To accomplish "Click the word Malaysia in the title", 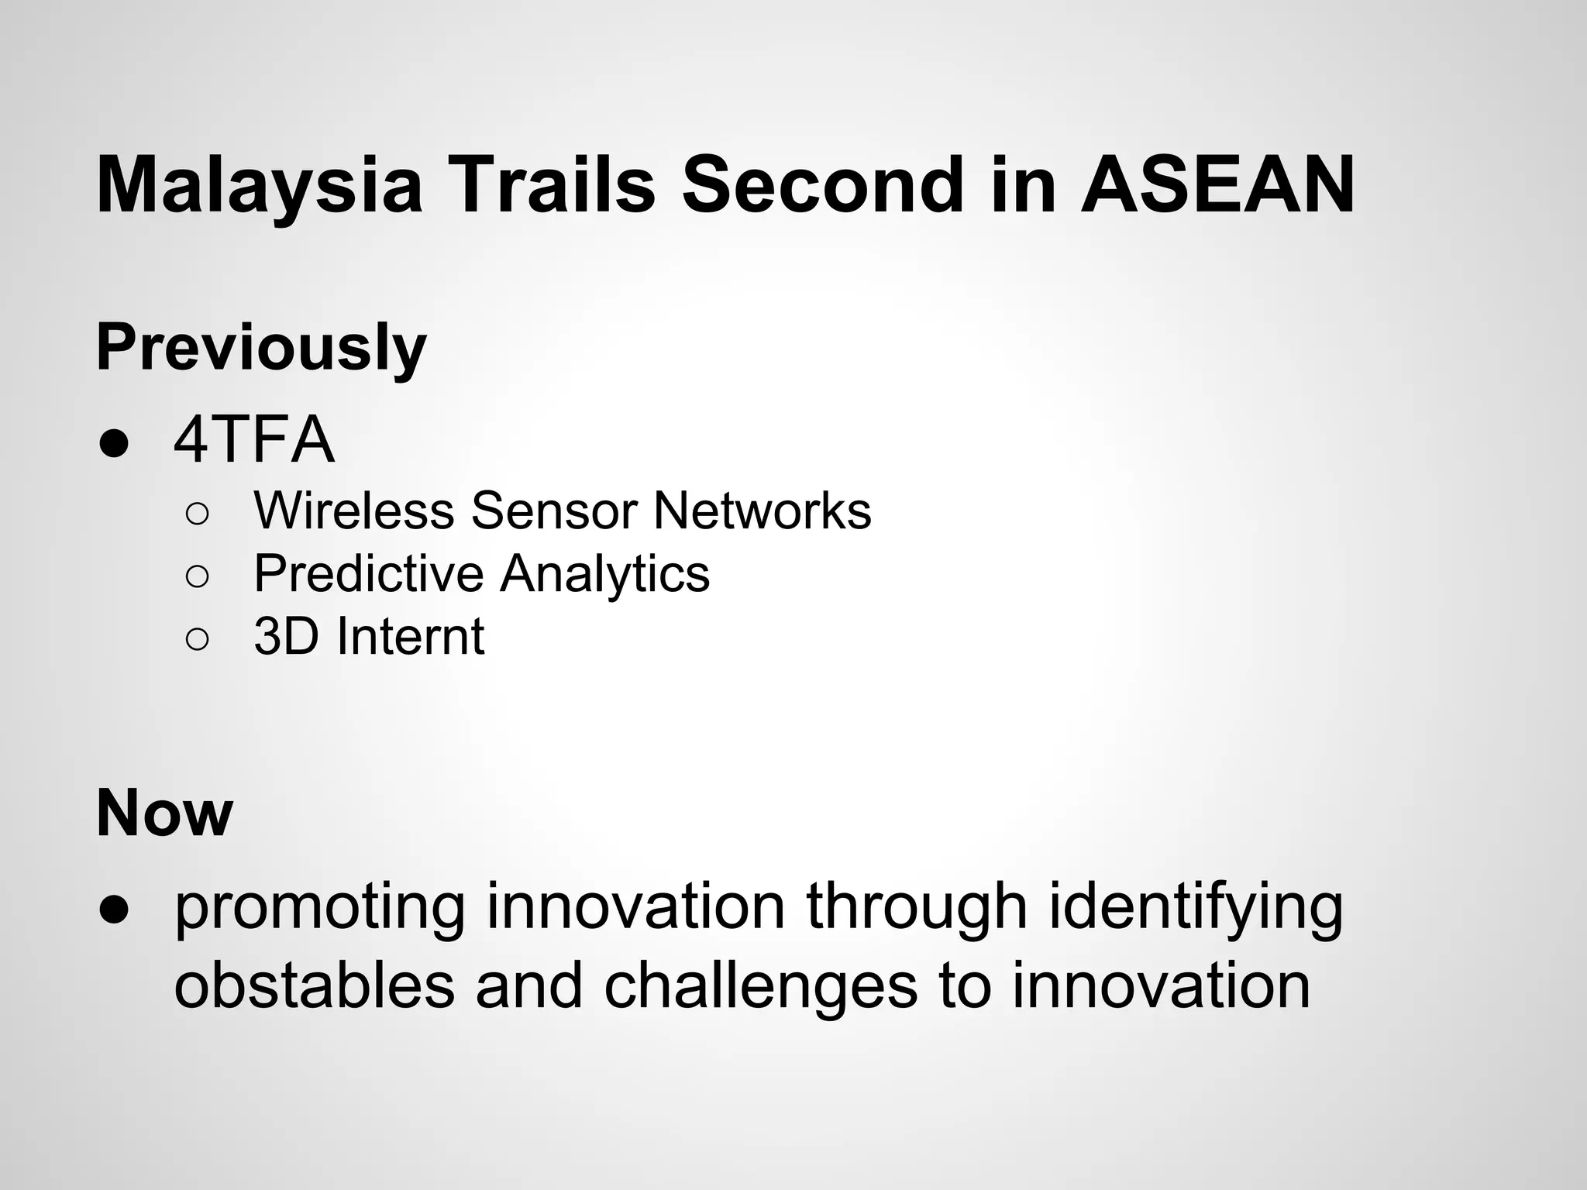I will coord(259,186).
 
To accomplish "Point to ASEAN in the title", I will coord(1217,186).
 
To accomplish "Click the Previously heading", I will coord(261,349).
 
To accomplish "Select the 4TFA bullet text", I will coord(254,441).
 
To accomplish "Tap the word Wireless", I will coord(354,511).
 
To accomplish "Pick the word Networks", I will coord(762,511).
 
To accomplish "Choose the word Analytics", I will coord(604,575).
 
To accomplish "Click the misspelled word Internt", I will coord(411,637).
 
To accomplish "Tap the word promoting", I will coord(320,908).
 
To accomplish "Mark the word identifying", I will coord(1196,908).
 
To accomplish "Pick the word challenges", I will coord(760,988).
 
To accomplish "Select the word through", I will coord(917,908).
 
